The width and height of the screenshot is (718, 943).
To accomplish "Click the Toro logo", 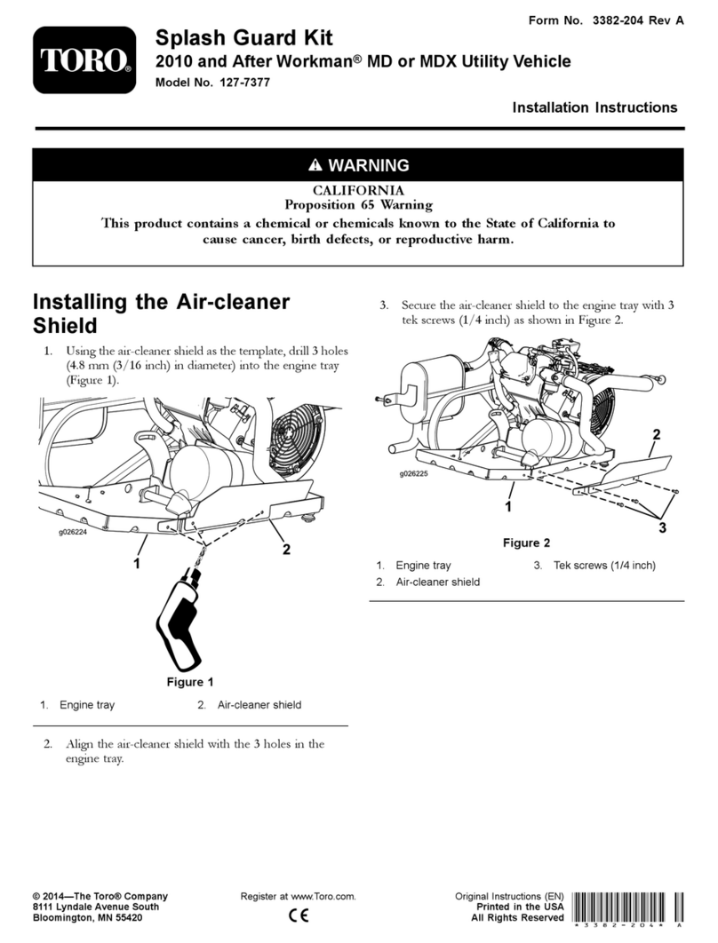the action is [x=84, y=60].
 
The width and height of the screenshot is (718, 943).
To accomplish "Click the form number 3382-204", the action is [x=618, y=20].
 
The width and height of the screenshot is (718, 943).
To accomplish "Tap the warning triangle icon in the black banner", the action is [x=315, y=165].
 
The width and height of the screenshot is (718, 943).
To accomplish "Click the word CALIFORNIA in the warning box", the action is [x=358, y=191].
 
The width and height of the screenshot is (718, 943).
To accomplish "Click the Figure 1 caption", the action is [x=190, y=682].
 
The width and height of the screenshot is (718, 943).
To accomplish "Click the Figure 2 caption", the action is [x=527, y=543].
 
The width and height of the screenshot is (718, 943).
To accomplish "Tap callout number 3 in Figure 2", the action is [x=662, y=528].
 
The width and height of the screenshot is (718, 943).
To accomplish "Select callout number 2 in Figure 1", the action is [x=286, y=549].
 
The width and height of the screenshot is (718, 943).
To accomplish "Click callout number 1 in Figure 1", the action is [x=137, y=564].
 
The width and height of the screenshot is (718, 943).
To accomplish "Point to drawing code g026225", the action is [x=413, y=473].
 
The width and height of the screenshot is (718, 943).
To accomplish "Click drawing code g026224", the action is [x=73, y=532].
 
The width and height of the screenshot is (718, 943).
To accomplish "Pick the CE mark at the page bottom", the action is [x=299, y=915].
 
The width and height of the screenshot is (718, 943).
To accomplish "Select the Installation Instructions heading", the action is [x=594, y=107].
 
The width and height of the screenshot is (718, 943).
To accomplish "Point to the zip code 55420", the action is [x=129, y=918].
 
